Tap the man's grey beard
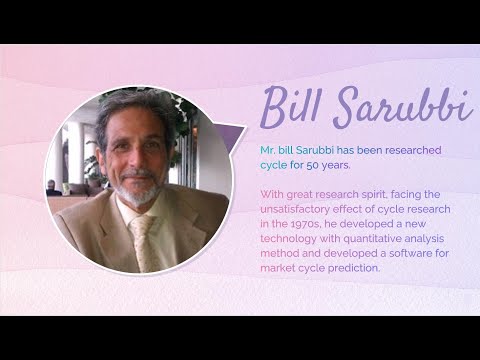pos(139,189)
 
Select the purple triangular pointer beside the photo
pos(230,137)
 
